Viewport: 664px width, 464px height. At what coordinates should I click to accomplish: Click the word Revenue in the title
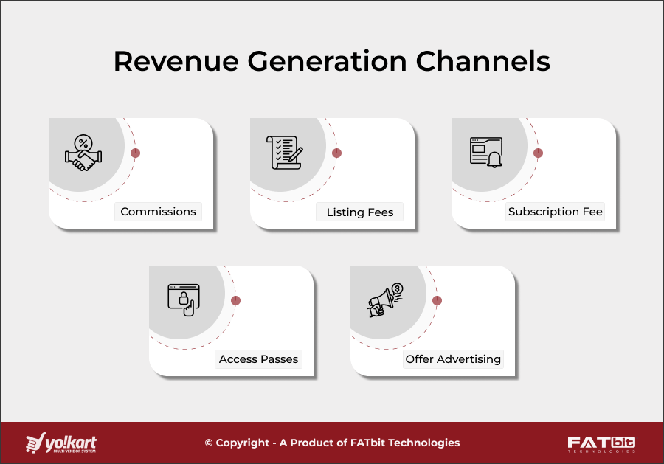tap(176, 62)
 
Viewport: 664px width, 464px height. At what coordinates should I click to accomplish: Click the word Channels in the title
tap(484, 62)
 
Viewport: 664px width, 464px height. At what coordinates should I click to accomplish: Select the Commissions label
tap(158, 212)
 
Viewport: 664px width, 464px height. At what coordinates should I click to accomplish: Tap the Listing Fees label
tap(360, 212)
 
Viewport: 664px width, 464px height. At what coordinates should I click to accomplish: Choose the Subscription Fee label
tap(555, 212)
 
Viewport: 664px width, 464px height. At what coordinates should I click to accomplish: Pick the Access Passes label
tap(258, 359)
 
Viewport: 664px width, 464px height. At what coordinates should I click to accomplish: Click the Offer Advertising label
tap(453, 359)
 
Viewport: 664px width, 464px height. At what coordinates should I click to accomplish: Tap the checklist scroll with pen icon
tap(285, 152)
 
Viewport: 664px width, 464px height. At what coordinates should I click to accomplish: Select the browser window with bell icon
tap(486, 152)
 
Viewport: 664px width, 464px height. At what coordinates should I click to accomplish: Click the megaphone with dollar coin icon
tap(385, 299)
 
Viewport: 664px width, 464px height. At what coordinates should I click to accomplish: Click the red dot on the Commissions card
tap(135, 153)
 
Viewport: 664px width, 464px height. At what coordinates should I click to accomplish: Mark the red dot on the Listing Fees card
tap(336, 153)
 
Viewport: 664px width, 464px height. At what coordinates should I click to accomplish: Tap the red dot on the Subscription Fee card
tap(538, 153)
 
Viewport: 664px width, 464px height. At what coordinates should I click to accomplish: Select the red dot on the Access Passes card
tap(235, 301)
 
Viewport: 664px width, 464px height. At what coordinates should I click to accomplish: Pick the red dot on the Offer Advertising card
tap(437, 301)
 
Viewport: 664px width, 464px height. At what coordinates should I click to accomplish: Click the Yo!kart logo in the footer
tap(61, 443)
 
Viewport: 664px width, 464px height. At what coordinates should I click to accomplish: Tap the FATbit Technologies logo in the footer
tap(601, 443)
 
